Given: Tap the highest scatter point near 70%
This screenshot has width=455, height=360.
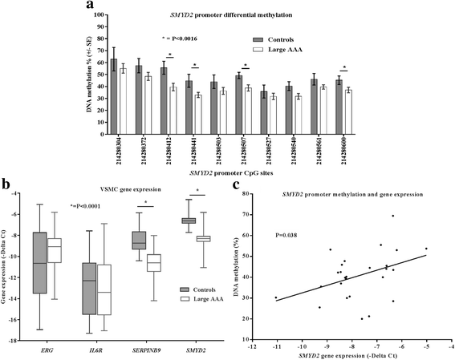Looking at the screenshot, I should pos(392,216).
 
